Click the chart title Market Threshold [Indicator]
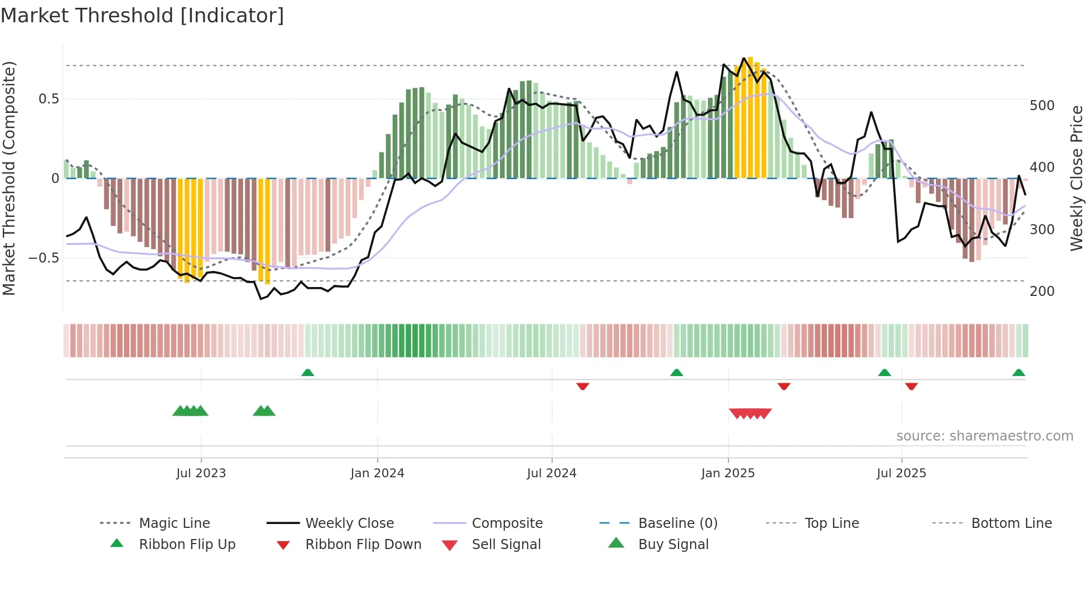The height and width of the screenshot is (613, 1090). tap(142, 16)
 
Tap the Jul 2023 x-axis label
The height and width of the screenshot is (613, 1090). tap(201, 473)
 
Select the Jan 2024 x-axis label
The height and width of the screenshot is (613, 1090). tap(377, 473)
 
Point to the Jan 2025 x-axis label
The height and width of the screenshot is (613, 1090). tap(727, 473)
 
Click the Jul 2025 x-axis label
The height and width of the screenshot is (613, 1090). tap(901, 473)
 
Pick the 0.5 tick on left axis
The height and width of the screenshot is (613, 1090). tap(48, 99)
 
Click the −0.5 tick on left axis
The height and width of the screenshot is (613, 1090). tap(44, 258)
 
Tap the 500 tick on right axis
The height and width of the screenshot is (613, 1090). tap(1042, 106)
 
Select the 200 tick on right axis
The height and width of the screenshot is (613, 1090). tap(1042, 291)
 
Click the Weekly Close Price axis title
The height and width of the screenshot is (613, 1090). tap(1077, 178)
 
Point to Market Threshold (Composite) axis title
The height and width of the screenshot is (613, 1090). tap(9, 178)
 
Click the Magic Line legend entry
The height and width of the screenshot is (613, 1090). tap(174, 523)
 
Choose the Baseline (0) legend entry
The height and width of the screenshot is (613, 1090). tap(677, 523)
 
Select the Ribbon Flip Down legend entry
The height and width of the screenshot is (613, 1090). tap(363, 545)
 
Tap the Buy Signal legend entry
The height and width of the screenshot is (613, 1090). tap(673, 545)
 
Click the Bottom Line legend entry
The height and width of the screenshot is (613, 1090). tap(1011, 523)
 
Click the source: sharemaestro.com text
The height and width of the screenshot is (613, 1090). tap(984, 436)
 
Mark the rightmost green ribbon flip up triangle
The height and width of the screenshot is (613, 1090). tap(1018, 373)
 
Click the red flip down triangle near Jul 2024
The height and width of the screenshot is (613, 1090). tap(582, 386)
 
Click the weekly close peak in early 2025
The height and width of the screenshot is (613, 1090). tap(744, 58)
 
